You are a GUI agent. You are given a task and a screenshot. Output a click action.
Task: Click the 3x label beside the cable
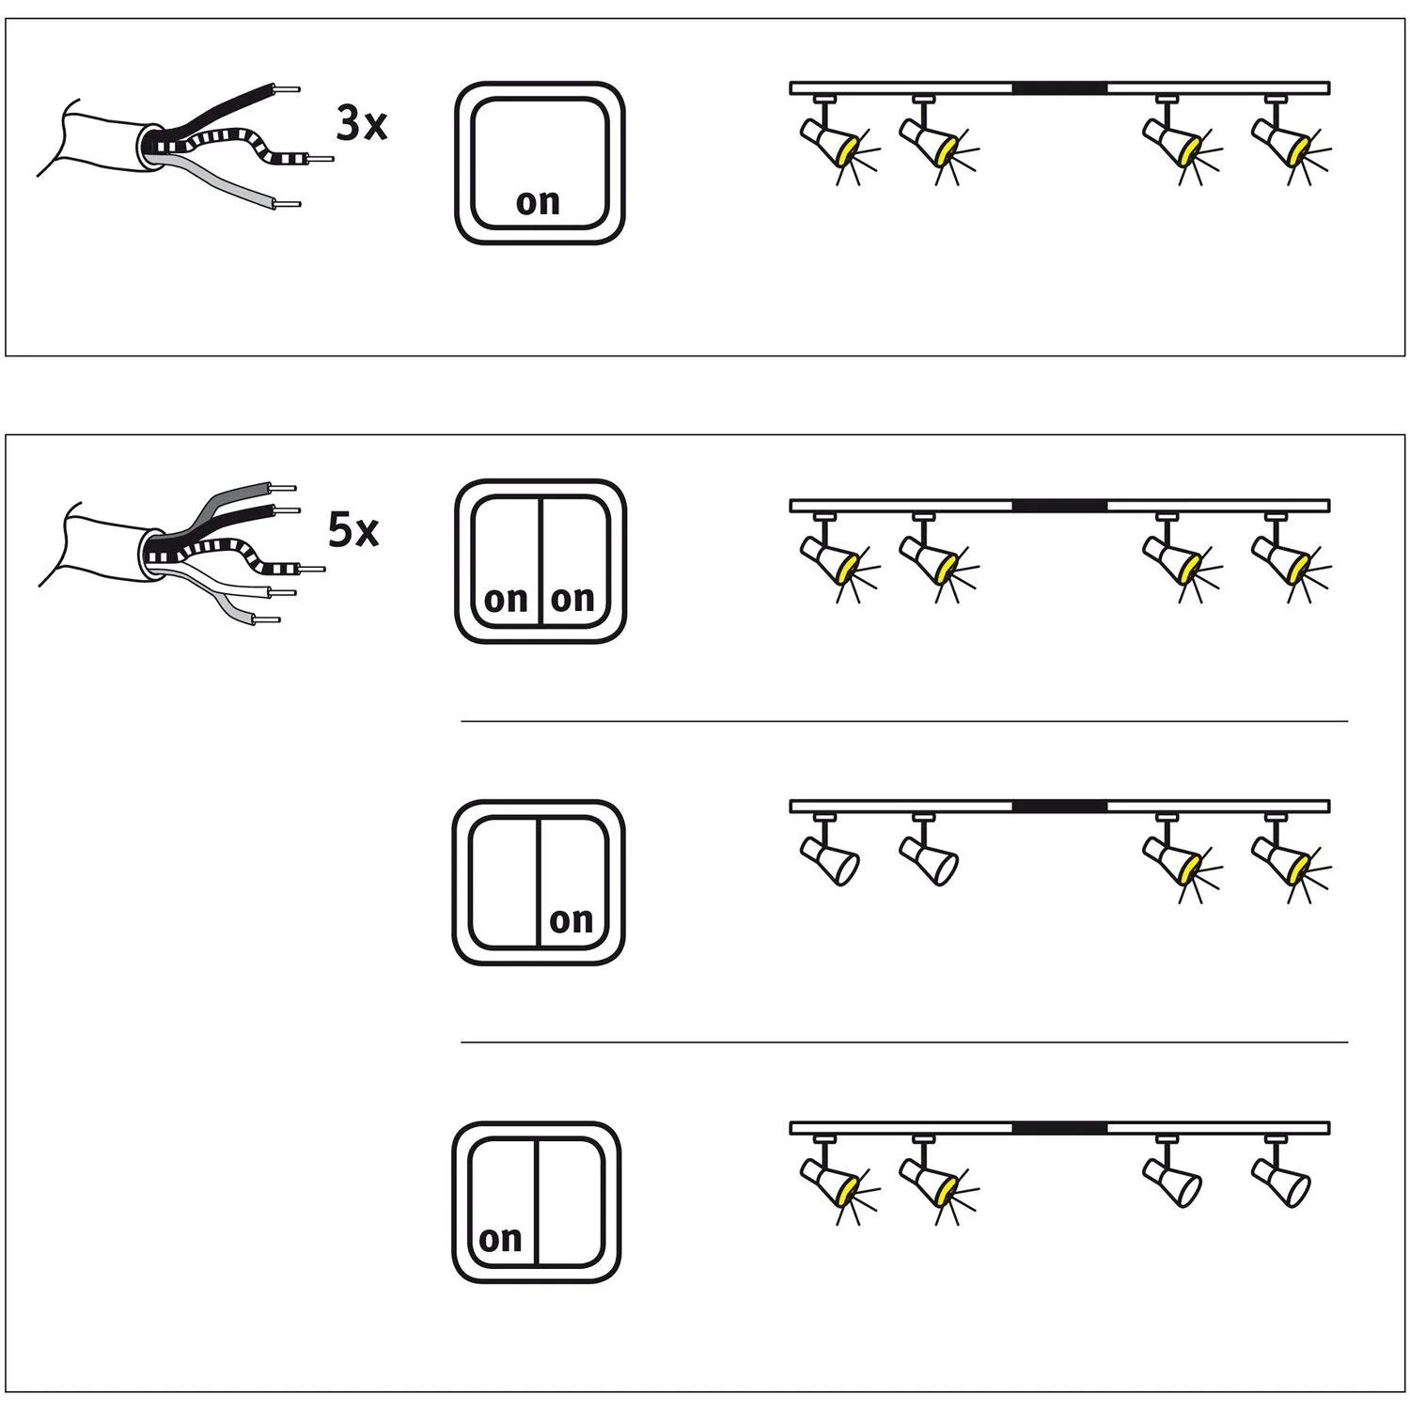tap(362, 124)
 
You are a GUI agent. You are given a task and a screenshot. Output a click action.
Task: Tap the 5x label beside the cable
tap(353, 530)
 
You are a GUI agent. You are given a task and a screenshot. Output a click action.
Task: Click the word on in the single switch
tap(538, 202)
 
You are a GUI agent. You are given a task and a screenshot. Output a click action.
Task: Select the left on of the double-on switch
tap(506, 599)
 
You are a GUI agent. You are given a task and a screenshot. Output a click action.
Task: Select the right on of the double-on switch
tap(572, 598)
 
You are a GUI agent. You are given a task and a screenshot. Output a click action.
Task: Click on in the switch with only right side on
tap(572, 920)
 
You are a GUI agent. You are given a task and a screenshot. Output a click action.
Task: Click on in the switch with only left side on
tap(500, 1240)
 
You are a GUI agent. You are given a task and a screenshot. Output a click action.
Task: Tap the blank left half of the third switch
tap(504, 882)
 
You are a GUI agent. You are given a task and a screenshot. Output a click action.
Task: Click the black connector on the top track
tap(1059, 88)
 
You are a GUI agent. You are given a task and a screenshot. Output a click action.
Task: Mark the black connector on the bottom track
tap(1059, 1128)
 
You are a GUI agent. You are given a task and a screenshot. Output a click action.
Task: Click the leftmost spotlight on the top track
tap(832, 138)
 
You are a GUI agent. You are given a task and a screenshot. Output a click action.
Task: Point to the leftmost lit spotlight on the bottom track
tap(832, 1180)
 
